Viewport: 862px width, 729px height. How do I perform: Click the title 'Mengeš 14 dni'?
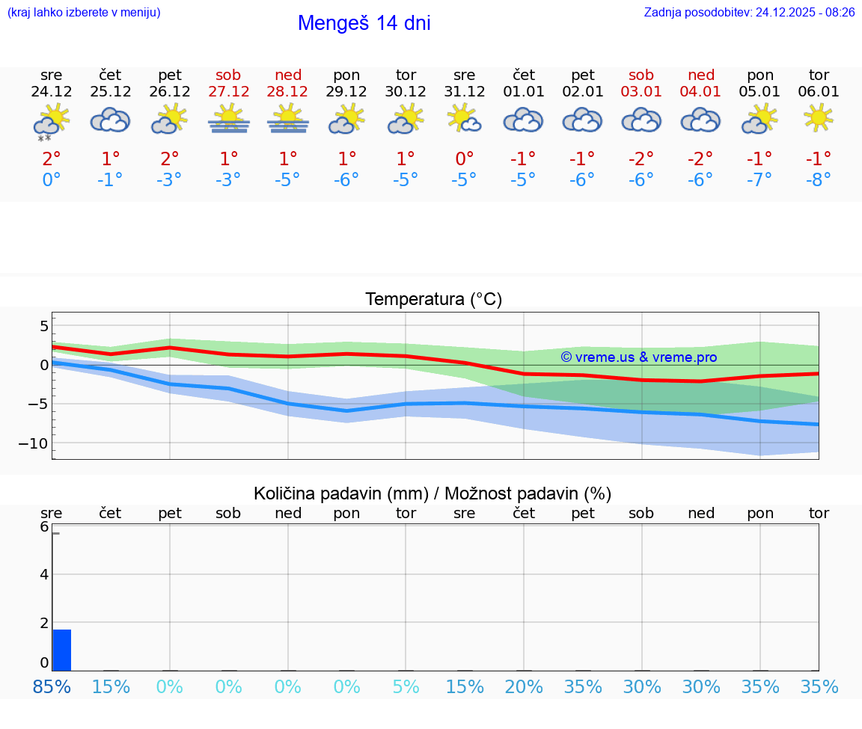click(x=364, y=23)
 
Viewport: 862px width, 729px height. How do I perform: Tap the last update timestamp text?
click(x=749, y=12)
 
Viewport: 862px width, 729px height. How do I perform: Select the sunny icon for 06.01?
click(x=819, y=118)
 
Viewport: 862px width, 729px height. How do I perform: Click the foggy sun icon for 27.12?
click(x=228, y=119)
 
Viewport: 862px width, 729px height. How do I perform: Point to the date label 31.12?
click(x=464, y=92)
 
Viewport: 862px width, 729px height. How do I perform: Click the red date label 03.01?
click(x=641, y=92)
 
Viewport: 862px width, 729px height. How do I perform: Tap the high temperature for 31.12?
click(x=464, y=159)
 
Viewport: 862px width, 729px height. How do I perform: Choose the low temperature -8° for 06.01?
click(x=819, y=180)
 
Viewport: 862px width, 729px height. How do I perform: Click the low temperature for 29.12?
click(x=346, y=180)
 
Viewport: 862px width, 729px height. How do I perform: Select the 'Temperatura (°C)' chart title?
click(x=433, y=300)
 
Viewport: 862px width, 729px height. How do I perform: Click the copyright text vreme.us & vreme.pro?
click(x=639, y=357)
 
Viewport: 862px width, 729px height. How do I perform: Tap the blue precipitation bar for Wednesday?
click(x=62, y=650)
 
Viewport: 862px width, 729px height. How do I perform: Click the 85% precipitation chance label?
click(x=52, y=686)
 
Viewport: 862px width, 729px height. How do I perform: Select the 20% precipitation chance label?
click(x=523, y=686)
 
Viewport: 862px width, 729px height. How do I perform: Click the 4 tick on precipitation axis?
click(x=44, y=574)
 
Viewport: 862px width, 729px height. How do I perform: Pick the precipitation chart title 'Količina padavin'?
click(x=341, y=493)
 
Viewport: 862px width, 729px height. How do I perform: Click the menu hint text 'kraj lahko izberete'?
click(x=84, y=12)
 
